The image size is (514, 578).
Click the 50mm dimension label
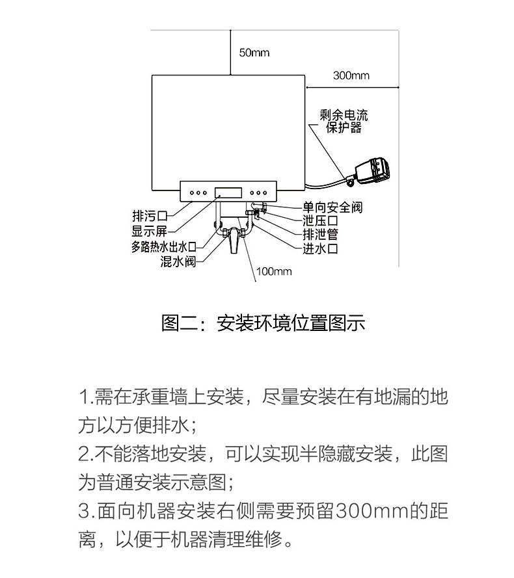[254, 53]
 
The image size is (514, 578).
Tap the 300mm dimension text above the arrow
[351, 75]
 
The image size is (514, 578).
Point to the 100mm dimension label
[274, 271]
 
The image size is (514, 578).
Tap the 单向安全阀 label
[332, 208]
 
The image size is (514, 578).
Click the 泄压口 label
[319, 222]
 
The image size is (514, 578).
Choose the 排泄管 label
[319, 235]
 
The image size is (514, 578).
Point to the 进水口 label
[319, 248]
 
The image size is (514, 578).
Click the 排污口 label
[150, 216]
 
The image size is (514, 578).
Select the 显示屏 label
[150, 231]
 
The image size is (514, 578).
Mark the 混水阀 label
[178, 262]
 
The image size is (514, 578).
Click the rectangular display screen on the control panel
[228, 192]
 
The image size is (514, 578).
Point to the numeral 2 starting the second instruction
[84, 454]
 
